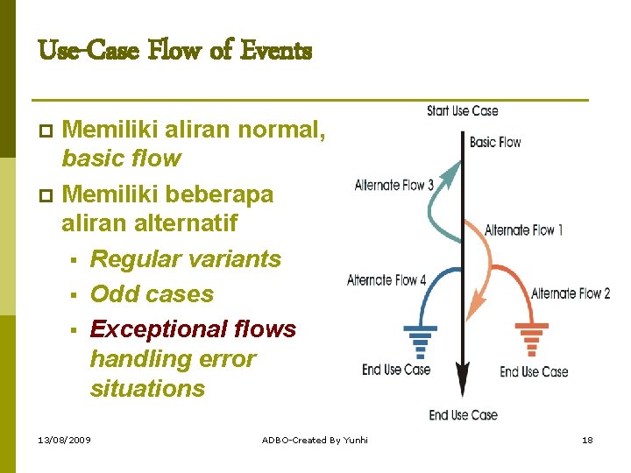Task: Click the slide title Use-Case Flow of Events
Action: (x=174, y=52)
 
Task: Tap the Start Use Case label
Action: (x=462, y=111)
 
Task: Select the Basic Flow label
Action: (x=495, y=142)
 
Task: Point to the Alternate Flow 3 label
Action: (x=393, y=185)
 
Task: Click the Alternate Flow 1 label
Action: (x=523, y=230)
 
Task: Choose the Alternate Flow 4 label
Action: (x=386, y=280)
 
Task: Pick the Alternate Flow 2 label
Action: (x=571, y=293)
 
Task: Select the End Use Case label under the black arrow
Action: (x=463, y=415)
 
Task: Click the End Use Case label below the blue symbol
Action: (x=396, y=370)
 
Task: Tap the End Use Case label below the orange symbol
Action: (x=534, y=371)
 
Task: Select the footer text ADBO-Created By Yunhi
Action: (x=315, y=440)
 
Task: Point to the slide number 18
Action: (x=587, y=440)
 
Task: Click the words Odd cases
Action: (x=152, y=294)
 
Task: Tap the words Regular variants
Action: (x=185, y=259)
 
